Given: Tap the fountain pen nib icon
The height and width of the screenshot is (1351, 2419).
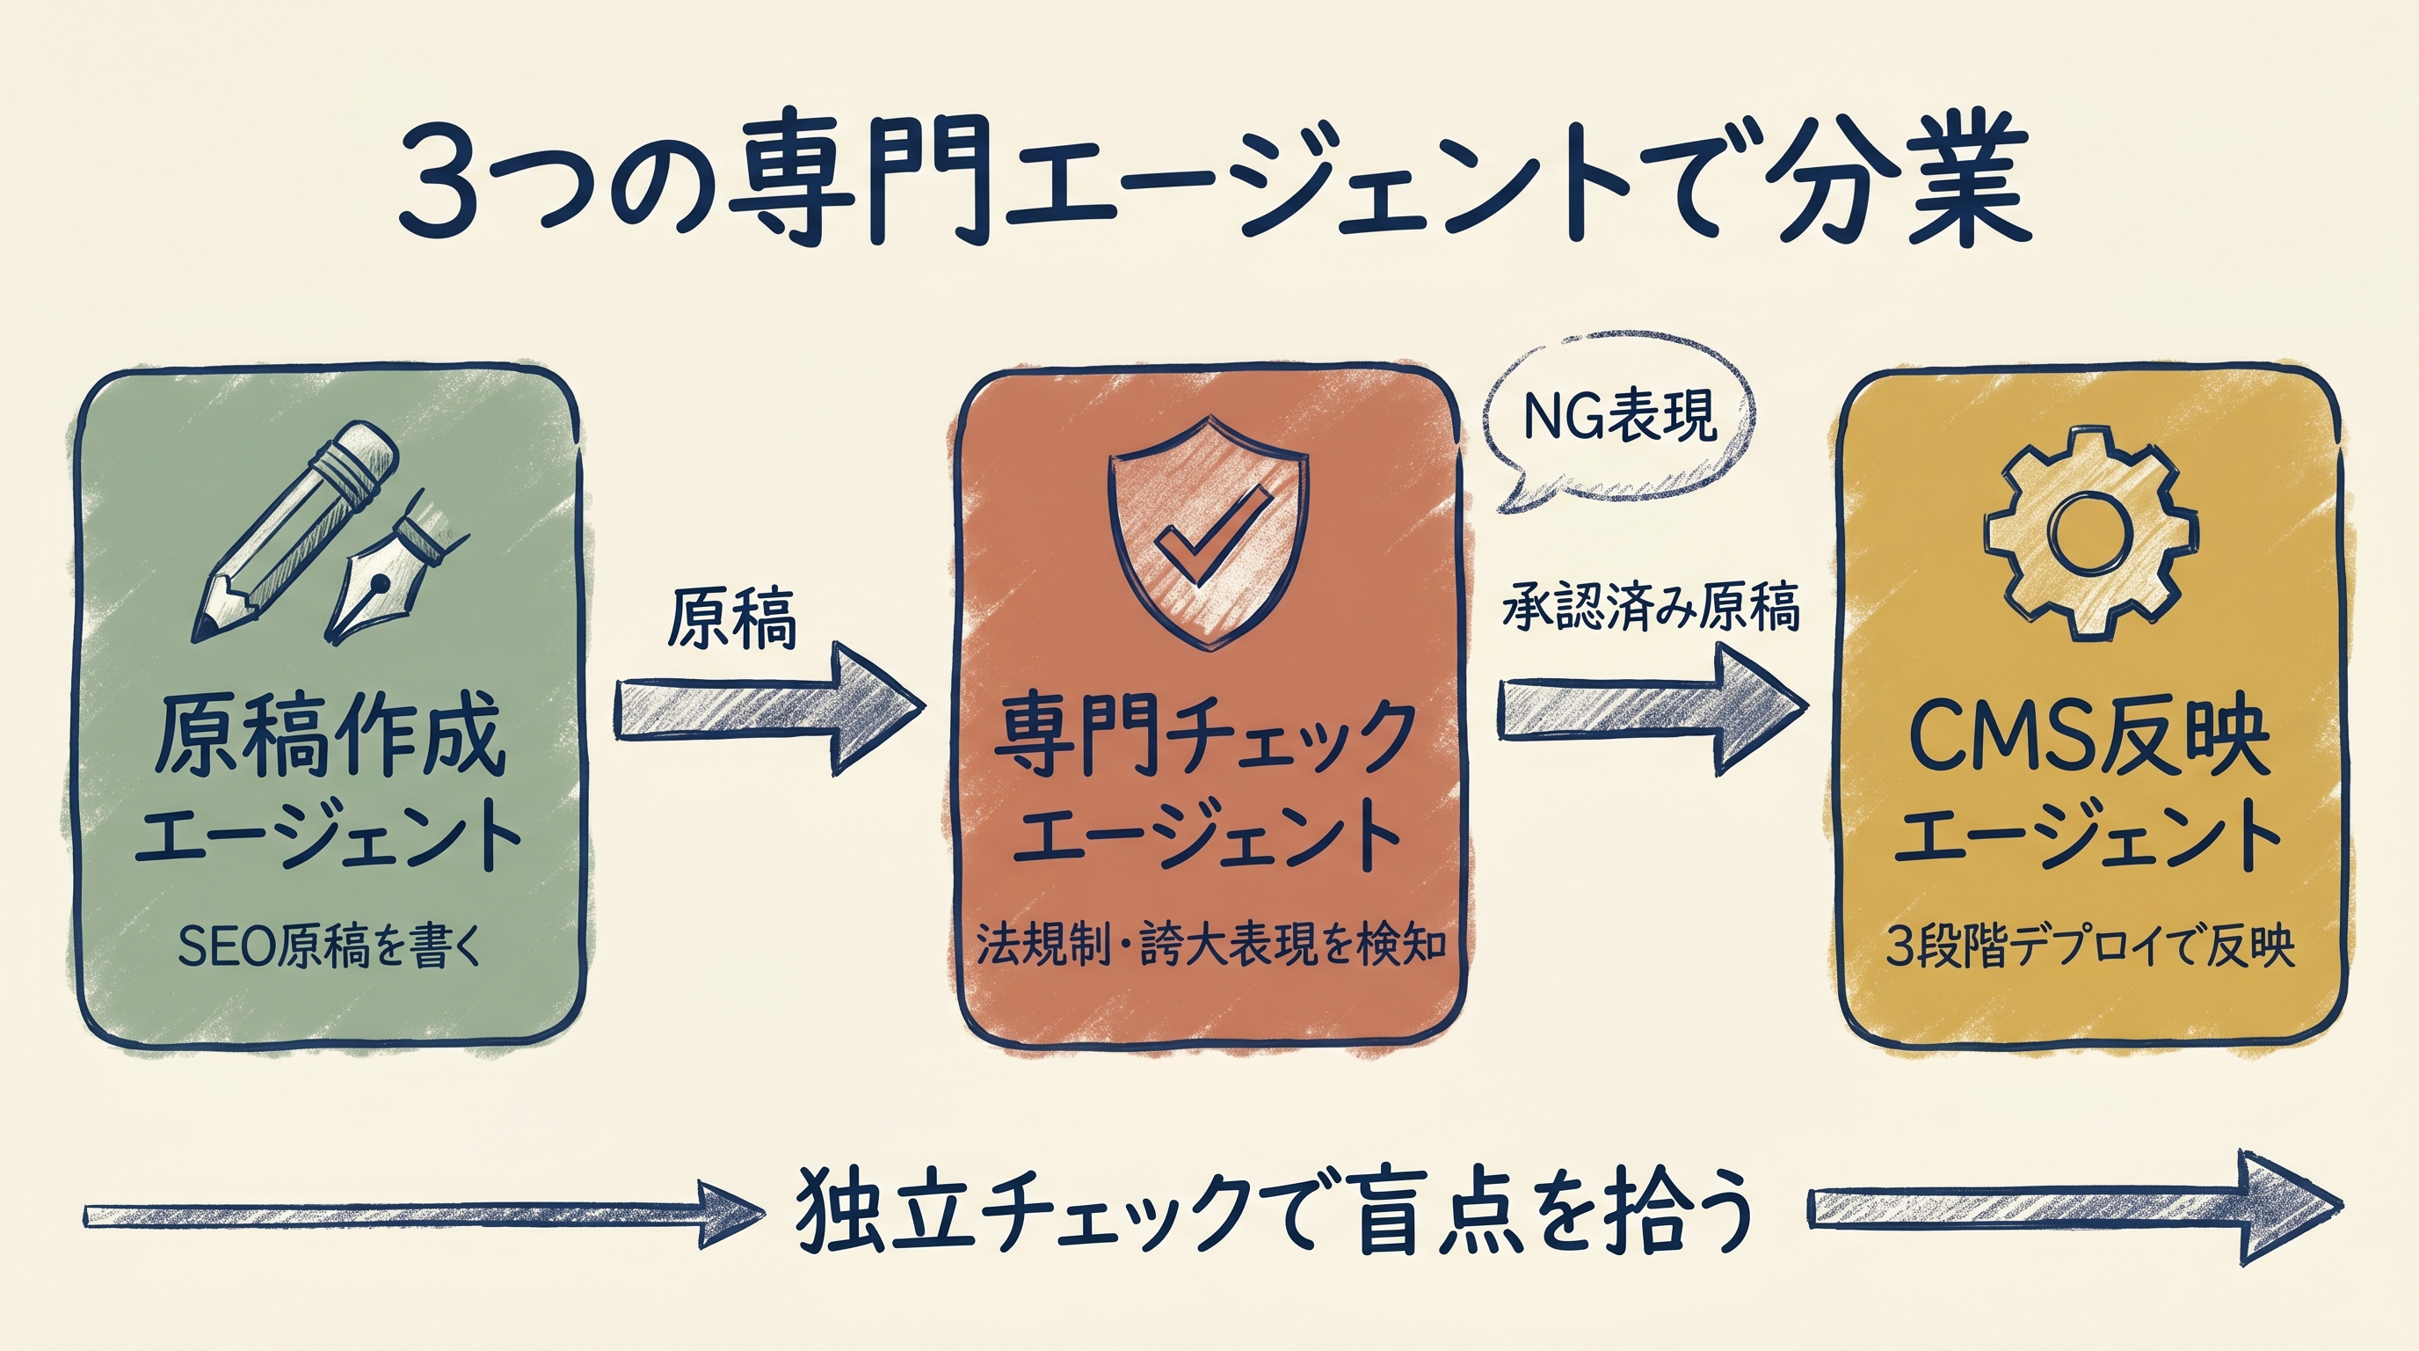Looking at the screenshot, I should click(x=387, y=575).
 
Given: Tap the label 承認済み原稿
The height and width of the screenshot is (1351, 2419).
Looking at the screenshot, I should click(x=1651, y=609).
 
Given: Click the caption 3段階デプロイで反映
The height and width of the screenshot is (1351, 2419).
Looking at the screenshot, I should click(x=2090, y=949).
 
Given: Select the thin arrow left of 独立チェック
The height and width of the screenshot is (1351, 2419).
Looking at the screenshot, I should click(x=423, y=1216).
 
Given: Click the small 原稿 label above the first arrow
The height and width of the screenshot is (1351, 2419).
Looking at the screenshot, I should click(x=731, y=620).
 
